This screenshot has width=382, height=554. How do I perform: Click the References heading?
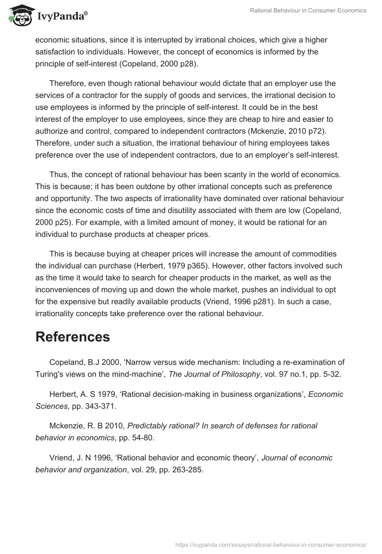click(x=73, y=337)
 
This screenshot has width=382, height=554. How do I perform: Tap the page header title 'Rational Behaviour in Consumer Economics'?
click(x=308, y=11)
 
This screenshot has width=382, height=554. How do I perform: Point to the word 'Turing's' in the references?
click(x=51, y=374)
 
